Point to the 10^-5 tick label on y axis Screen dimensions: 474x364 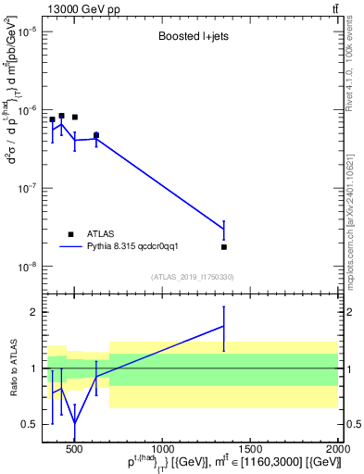pyautogui.click(x=26, y=31)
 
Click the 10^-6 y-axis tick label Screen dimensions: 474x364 pyautogui.click(x=26, y=110)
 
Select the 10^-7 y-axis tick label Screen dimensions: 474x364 pyautogui.click(x=26, y=188)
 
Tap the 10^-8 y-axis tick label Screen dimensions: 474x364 pyautogui.click(x=26, y=267)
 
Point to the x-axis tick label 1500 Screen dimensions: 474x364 pyautogui.click(x=250, y=450)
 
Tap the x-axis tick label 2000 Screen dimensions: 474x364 pyautogui.click(x=336, y=450)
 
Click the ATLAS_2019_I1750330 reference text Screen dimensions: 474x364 pyautogui.click(x=193, y=277)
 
